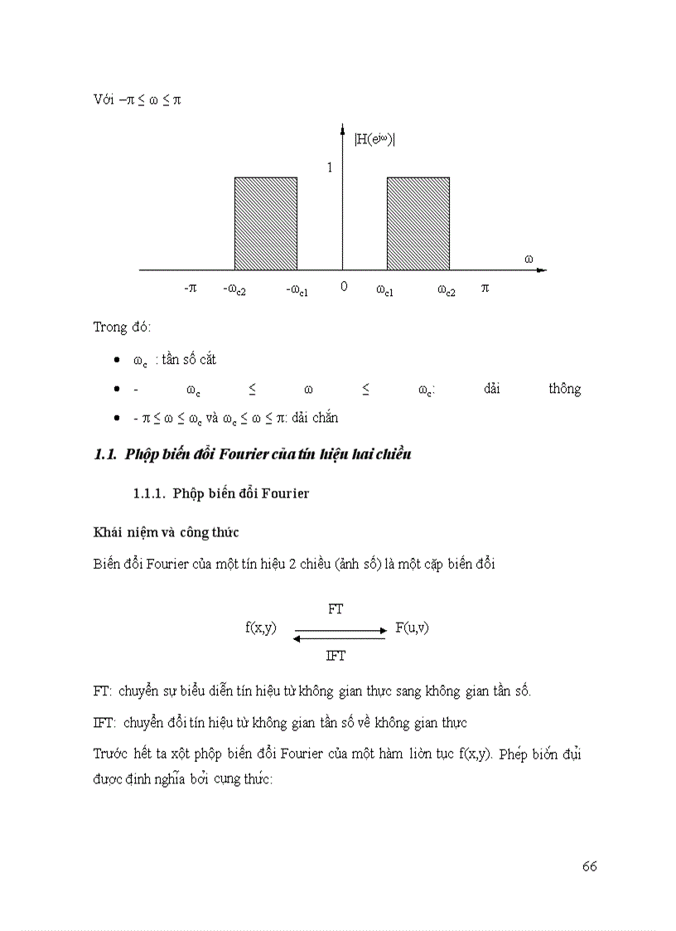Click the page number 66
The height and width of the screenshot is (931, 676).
(x=589, y=866)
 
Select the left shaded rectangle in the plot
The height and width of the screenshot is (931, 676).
(x=266, y=223)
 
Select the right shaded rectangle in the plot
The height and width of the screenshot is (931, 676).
(x=418, y=223)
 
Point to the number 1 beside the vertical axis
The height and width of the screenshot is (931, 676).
(x=329, y=167)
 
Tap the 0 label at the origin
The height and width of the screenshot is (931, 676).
(x=343, y=289)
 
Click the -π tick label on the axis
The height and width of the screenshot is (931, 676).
(x=190, y=289)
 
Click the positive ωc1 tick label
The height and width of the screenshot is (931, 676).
(x=384, y=290)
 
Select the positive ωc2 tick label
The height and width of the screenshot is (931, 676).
(x=447, y=290)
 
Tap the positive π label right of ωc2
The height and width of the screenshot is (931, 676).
(x=485, y=289)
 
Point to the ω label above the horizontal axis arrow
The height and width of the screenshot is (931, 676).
(x=529, y=259)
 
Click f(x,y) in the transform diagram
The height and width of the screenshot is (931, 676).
(x=261, y=628)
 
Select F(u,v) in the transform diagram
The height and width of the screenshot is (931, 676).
(x=412, y=628)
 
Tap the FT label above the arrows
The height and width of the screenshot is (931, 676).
(x=336, y=609)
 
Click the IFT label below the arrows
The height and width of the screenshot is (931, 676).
(x=336, y=655)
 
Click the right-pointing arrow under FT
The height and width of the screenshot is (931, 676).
(x=340, y=631)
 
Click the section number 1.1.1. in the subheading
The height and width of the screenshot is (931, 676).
(x=152, y=494)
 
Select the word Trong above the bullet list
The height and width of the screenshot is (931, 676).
(x=110, y=327)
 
